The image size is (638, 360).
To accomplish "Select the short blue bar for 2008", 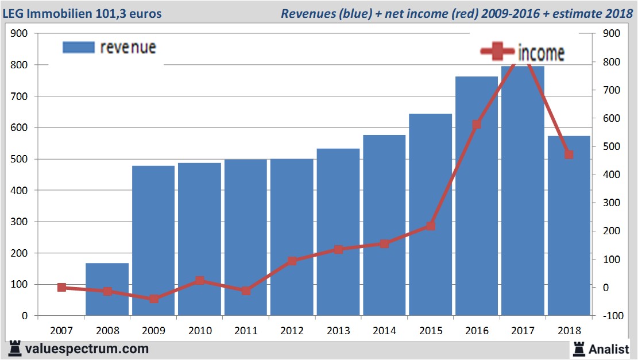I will click(107, 289).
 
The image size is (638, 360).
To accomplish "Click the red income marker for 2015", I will click(431, 226).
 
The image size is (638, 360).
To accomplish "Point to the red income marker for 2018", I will click(569, 154).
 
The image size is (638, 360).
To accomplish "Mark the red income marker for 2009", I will click(154, 299).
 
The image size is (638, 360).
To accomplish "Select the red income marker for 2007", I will click(62, 288).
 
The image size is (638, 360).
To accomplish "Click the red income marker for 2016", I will click(477, 125).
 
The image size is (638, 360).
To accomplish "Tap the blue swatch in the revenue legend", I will click(78, 47).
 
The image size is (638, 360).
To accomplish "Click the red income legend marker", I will click(498, 51).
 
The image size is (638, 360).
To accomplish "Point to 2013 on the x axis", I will click(338, 331).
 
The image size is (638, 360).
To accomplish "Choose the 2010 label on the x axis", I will click(200, 331).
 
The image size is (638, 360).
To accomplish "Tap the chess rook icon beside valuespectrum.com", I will click(15, 348).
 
